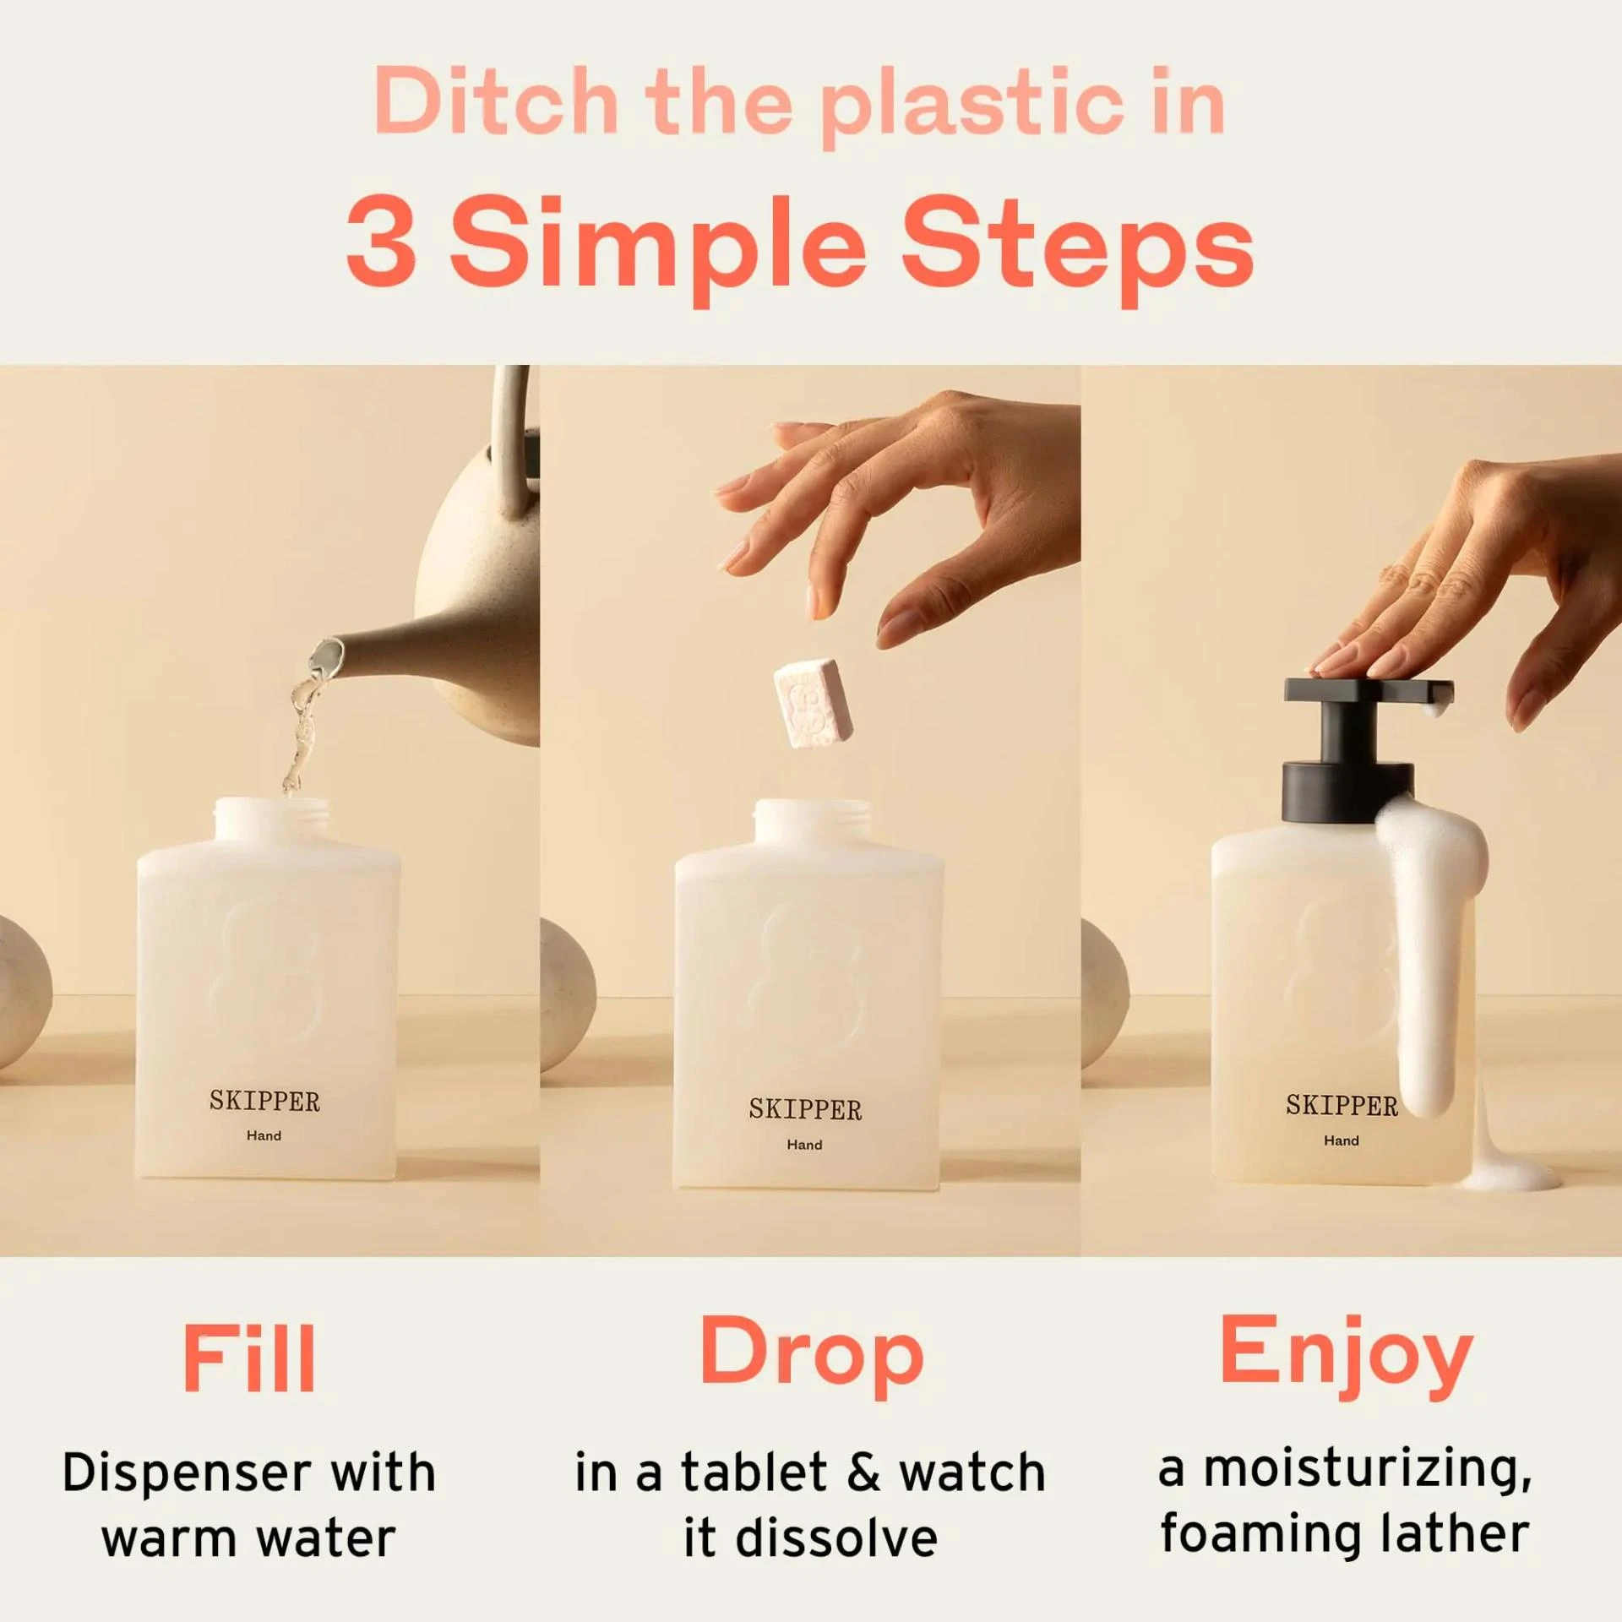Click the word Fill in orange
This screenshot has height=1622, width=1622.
click(249, 1358)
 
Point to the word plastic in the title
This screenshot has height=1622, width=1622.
click(972, 105)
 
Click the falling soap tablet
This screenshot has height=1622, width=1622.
click(813, 704)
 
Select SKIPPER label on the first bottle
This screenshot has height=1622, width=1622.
click(264, 1102)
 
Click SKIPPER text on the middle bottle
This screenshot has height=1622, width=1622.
click(805, 1109)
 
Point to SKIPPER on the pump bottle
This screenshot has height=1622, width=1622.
click(1342, 1106)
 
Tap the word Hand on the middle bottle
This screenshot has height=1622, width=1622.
click(804, 1145)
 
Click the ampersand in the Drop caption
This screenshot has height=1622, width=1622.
click(863, 1473)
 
